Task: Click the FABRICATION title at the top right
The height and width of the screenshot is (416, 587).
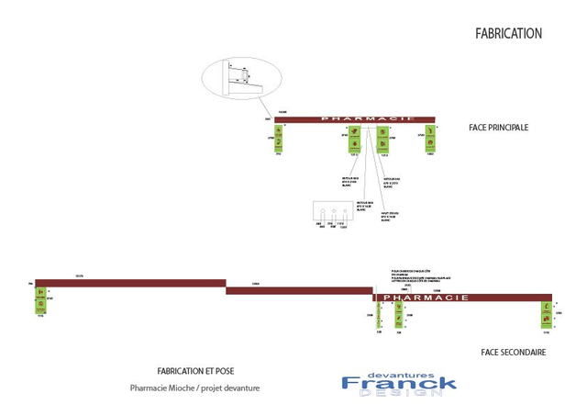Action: (x=508, y=33)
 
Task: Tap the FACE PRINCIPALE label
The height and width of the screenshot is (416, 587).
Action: (x=499, y=128)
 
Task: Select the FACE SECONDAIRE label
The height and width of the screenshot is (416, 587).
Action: (x=514, y=352)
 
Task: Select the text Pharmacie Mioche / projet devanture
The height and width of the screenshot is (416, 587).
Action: (x=194, y=388)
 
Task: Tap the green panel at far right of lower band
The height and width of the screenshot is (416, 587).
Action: (x=547, y=313)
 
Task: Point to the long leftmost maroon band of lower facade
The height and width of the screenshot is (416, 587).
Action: (x=128, y=282)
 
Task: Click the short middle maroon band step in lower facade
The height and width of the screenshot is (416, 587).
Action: (x=298, y=290)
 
